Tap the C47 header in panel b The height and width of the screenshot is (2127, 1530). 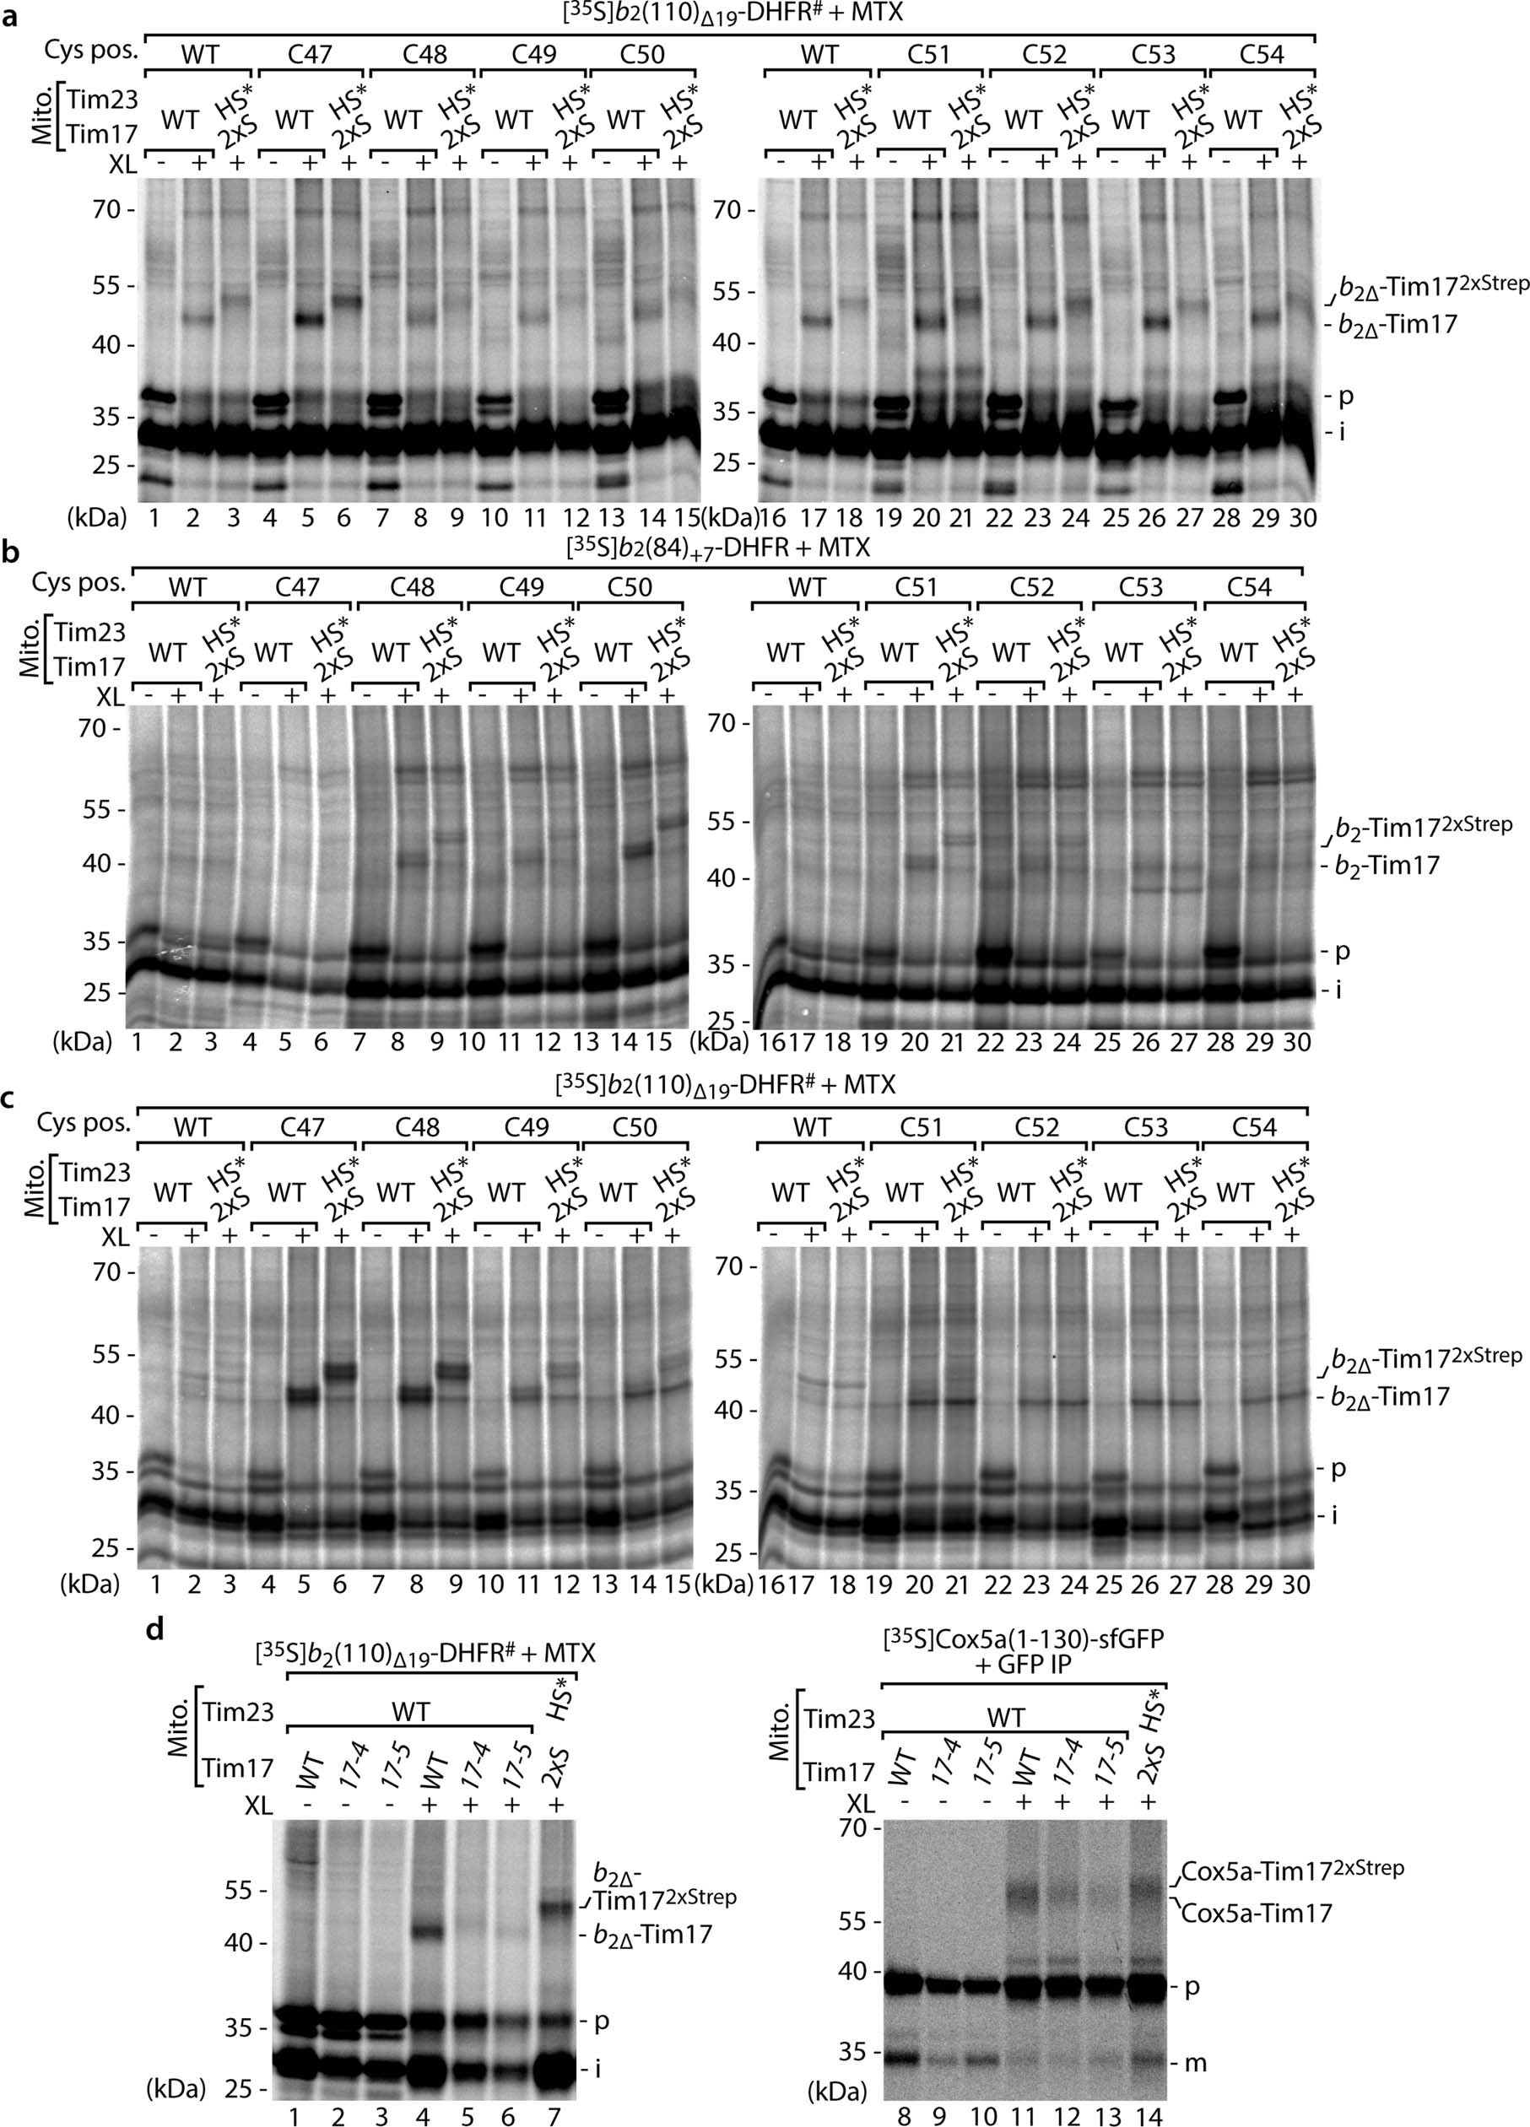(296, 587)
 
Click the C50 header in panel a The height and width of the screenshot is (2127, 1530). (641, 54)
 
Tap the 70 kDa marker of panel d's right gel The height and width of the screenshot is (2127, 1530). (852, 1827)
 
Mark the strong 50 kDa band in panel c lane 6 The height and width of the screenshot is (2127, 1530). (339, 1370)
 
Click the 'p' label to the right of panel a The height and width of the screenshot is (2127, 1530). (1345, 397)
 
